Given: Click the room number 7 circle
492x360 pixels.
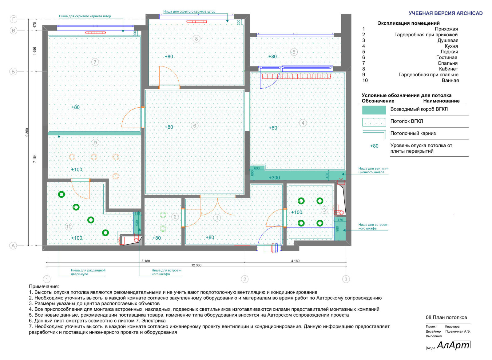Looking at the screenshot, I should coord(95,62).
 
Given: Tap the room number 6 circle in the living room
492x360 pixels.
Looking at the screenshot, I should coord(194,126).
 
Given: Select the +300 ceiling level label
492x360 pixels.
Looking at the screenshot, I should coord(274,178).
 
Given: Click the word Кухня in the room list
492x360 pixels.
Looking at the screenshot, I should coord(451,46).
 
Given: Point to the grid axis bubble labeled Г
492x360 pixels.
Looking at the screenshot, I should coord(13,19).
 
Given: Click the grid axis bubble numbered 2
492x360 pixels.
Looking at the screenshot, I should coord(245,279).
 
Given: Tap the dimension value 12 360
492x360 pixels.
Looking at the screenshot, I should coord(196,265).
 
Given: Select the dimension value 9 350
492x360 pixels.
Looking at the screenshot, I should coord(27,132).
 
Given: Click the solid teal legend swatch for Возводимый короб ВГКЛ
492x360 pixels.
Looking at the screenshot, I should coord(374,110).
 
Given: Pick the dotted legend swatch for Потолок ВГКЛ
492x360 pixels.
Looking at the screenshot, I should coord(374,122).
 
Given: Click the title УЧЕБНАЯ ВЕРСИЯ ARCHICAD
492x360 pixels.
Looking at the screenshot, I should coord(446,13).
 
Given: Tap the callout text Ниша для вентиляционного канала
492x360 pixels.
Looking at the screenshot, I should coord(373,170).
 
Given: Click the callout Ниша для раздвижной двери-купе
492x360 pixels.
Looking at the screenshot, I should coord(88,272).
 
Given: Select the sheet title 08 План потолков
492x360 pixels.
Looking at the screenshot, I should coord(446,317).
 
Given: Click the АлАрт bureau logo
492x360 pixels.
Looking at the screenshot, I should coord(453,345).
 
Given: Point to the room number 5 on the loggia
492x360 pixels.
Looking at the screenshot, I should coord(294,52).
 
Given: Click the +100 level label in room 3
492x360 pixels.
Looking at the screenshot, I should coord(296,212).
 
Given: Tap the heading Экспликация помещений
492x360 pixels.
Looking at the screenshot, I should coord(408,23).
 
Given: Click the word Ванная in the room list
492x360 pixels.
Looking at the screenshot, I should coord(450,80).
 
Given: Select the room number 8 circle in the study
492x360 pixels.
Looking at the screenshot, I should coord(196,39).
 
